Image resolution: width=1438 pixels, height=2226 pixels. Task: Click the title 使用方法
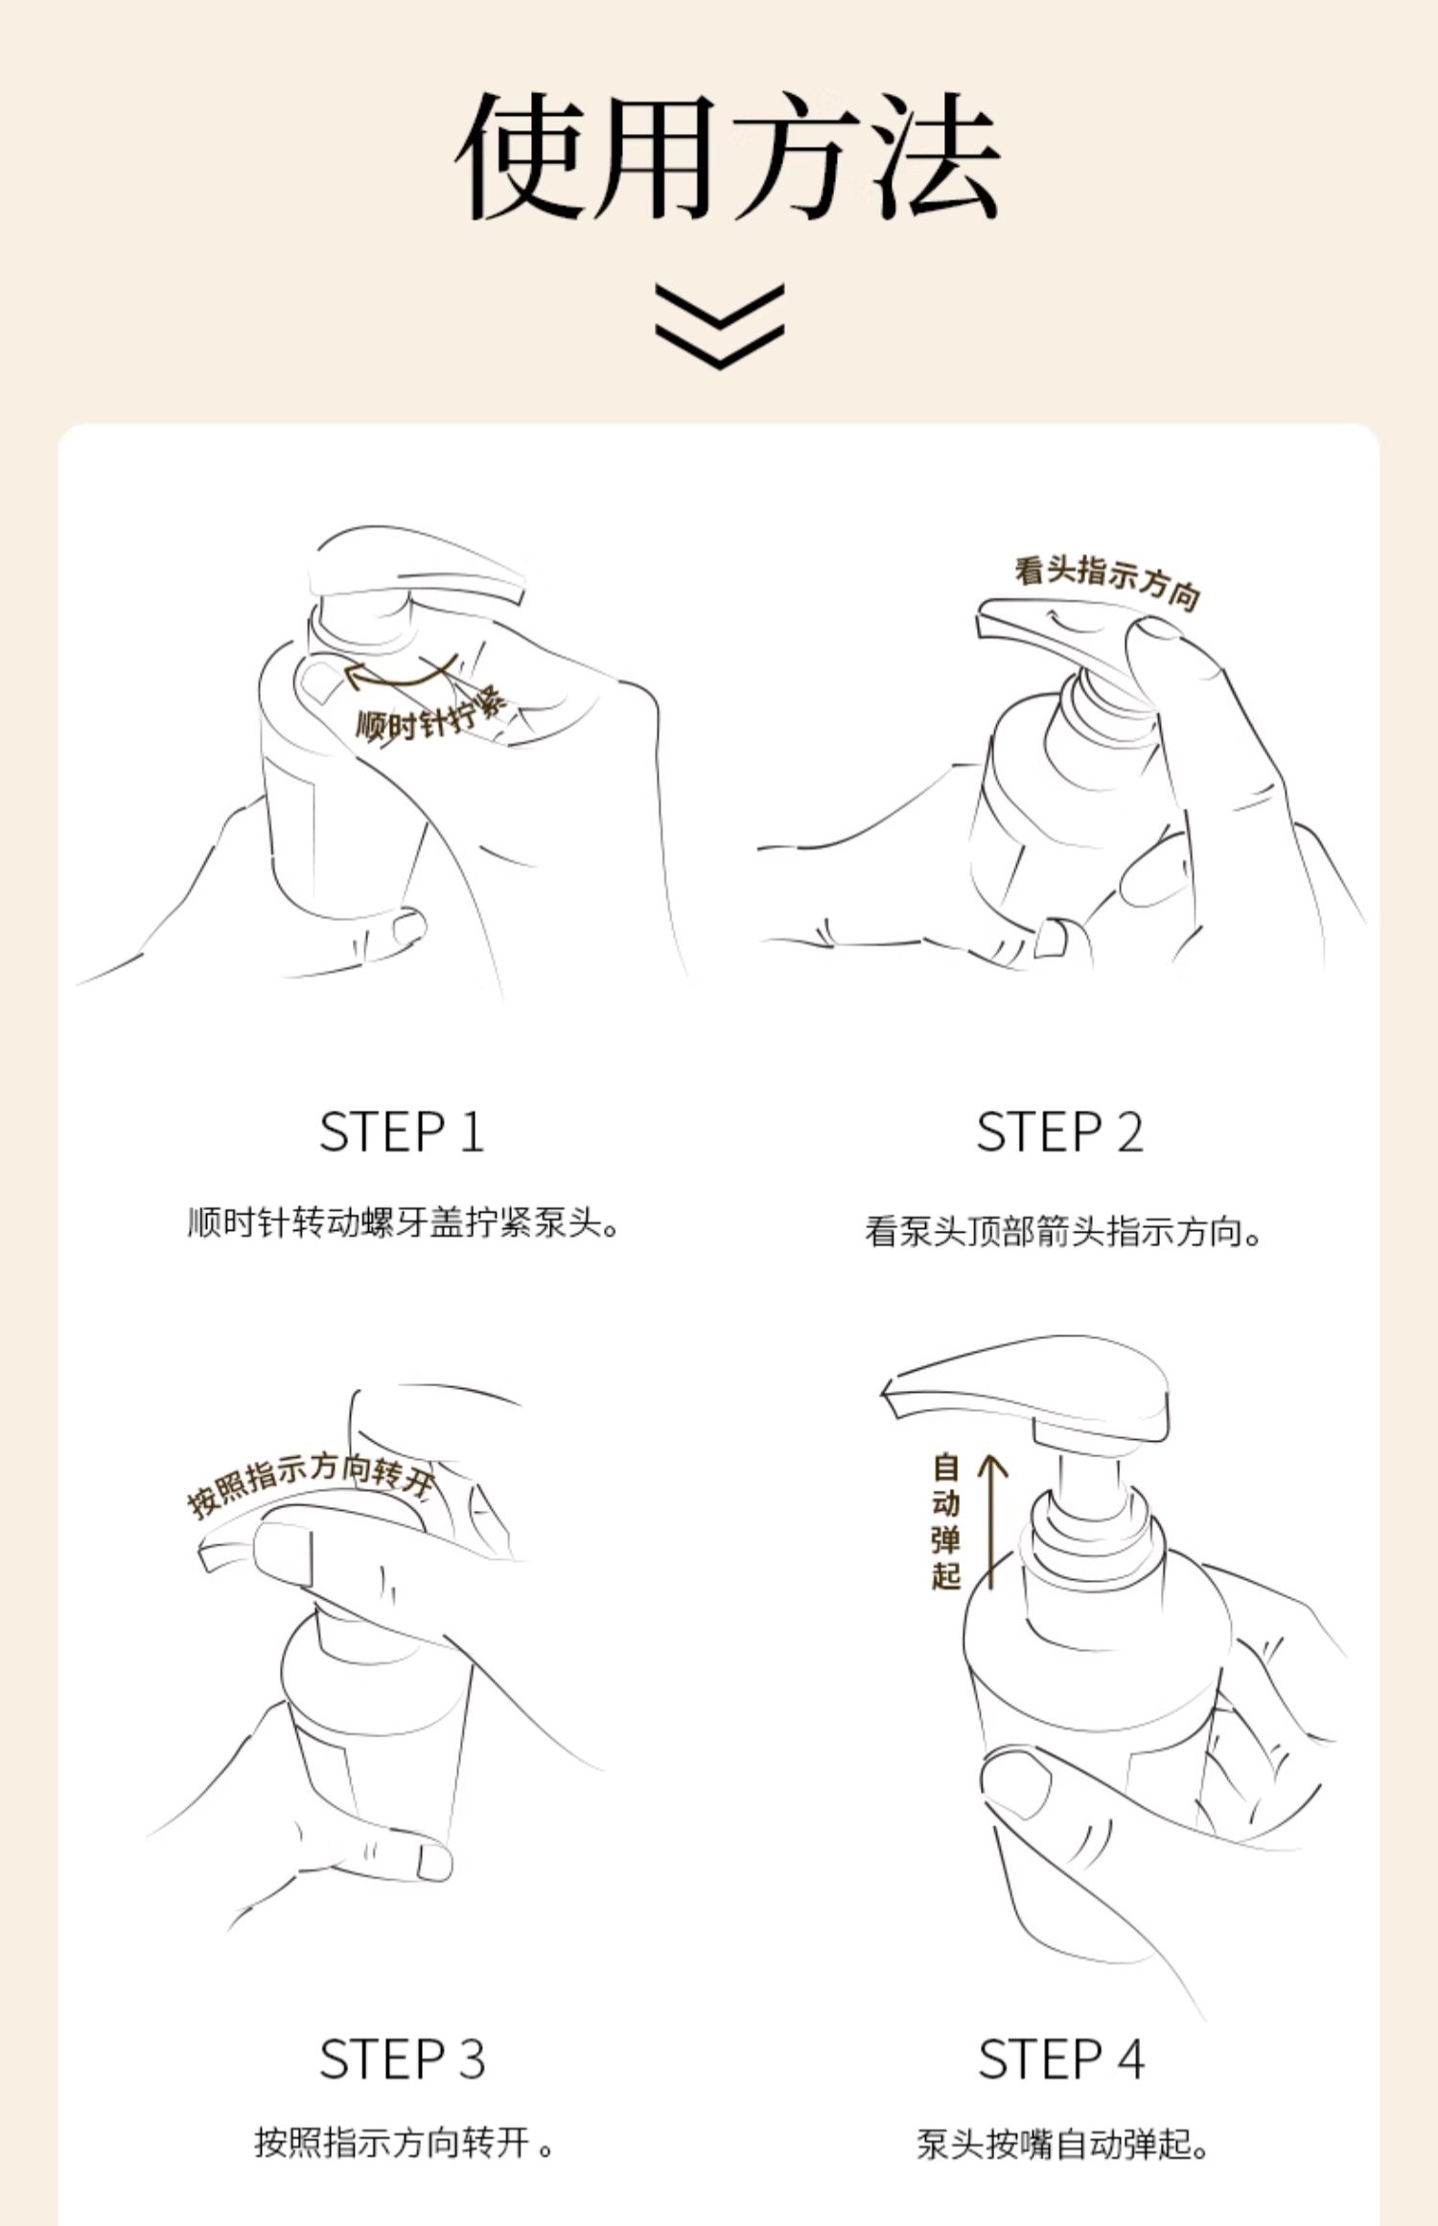[x=728, y=156]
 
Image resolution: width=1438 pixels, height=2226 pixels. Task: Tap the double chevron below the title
[x=720, y=326]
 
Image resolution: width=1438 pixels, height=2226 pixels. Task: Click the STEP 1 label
[x=402, y=1132]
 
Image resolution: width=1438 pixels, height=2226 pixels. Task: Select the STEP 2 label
[x=1059, y=1132]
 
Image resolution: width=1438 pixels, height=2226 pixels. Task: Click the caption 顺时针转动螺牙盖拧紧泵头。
[x=404, y=1223]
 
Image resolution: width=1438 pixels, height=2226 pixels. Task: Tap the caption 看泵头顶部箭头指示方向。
[x=1063, y=1231]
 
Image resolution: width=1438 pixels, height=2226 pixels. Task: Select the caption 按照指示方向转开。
[x=405, y=2143]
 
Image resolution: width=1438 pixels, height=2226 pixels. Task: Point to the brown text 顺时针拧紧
[x=430, y=714]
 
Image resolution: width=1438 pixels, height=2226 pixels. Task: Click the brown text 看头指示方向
[x=1107, y=580]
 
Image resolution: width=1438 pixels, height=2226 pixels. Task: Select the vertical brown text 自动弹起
[x=945, y=1522]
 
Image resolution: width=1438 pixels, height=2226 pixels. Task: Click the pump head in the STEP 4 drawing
[x=1026, y=1389]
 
